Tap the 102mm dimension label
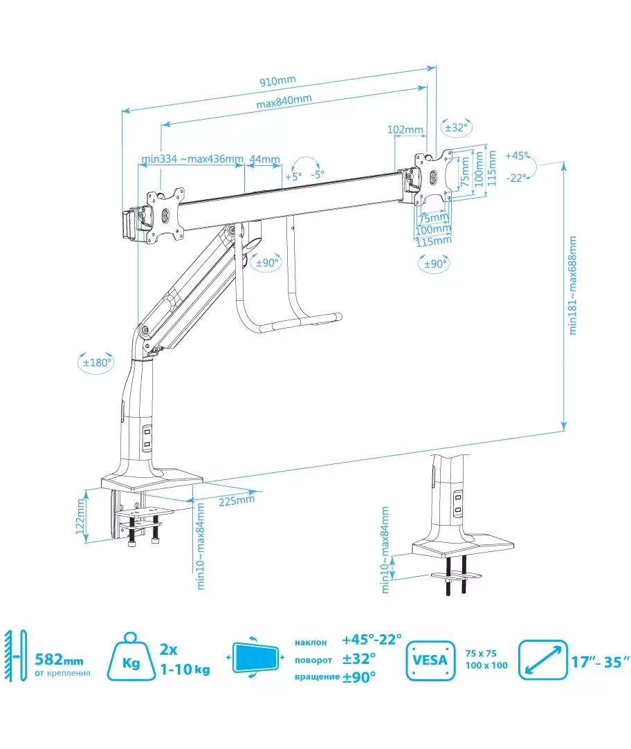point(405,130)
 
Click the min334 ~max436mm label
point(192,159)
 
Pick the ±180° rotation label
point(98,362)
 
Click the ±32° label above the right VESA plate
point(457,128)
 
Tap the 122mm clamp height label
point(80,517)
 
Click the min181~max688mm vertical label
point(572,285)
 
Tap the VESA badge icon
point(430,660)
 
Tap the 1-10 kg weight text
point(185,669)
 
